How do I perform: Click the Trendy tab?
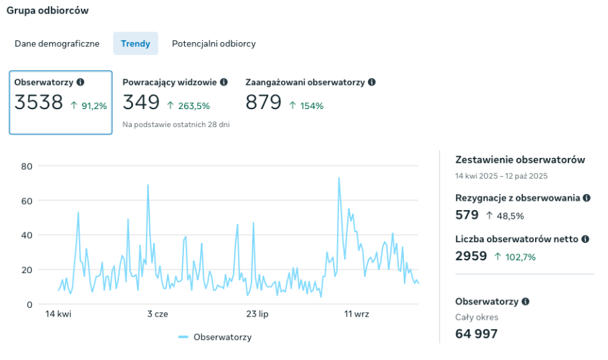pos(135,43)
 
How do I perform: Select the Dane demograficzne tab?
pos(57,43)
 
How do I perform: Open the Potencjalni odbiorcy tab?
pos(213,43)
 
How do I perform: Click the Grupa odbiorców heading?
pos(47,11)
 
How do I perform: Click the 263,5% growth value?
pos(194,106)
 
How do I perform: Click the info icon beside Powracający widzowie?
pos(224,82)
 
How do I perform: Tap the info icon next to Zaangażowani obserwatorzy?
pos(372,82)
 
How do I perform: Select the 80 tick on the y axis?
pos(27,166)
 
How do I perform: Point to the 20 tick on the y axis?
pos(27,270)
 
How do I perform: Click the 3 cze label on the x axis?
pos(157,314)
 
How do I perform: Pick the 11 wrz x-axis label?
pos(357,314)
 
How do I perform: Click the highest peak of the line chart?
pos(339,178)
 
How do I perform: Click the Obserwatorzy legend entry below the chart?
pos(222,337)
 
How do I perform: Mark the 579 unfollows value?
pos(467,215)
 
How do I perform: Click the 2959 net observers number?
pos(471,256)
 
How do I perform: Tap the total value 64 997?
pos(476,333)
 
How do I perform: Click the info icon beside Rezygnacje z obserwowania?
pos(587,198)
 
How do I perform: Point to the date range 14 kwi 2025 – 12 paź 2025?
pos(501,176)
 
